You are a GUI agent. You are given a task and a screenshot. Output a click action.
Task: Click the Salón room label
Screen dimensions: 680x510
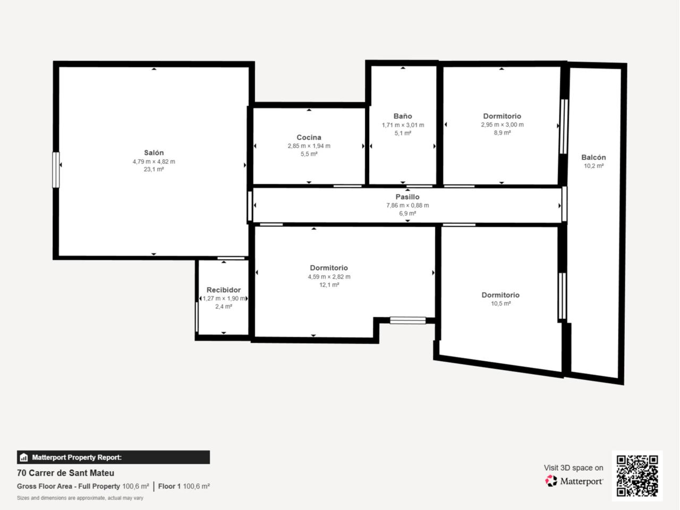(x=154, y=152)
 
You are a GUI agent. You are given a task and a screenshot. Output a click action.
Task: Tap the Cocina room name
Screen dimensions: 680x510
(x=309, y=137)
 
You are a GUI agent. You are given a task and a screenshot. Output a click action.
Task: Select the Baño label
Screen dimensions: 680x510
(x=403, y=116)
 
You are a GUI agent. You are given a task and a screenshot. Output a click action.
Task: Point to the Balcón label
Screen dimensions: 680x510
(x=593, y=157)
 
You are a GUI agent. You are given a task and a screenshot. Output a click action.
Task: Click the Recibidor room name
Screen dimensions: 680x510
(x=224, y=290)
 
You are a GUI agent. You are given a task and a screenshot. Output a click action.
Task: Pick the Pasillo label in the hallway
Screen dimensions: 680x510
(x=407, y=197)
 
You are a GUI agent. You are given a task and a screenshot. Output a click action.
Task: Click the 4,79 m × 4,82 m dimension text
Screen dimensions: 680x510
(x=154, y=161)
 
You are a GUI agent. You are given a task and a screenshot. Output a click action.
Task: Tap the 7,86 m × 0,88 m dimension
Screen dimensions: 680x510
(x=407, y=205)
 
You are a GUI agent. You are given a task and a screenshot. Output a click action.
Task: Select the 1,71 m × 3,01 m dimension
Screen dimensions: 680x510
(x=403, y=125)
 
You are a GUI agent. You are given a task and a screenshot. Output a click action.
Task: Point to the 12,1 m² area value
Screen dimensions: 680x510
(x=329, y=285)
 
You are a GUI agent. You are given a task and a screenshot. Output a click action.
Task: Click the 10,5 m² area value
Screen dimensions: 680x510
(x=500, y=303)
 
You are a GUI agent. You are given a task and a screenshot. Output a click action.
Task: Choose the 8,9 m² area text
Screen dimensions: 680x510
(x=502, y=133)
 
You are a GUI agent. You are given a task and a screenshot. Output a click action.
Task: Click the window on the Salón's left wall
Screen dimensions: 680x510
(x=56, y=169)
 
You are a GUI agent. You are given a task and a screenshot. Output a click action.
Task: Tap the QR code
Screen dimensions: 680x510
(x=637, y=475)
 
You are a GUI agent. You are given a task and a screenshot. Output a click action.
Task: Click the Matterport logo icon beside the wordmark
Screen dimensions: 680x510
(x=551, y=481)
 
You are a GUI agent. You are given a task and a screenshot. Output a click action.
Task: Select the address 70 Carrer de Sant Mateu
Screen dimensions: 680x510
(x=66, y=473)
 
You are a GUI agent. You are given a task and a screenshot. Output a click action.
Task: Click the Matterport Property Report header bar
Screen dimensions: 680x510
(x=113, y=457)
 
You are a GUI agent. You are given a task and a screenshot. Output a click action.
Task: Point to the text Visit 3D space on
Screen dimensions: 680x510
(x=573, y=468)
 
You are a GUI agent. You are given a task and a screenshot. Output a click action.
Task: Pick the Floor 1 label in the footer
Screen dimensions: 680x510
(x=169, y=486)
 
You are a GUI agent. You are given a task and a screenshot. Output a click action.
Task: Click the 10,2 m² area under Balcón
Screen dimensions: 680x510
(x=593, y=166)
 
